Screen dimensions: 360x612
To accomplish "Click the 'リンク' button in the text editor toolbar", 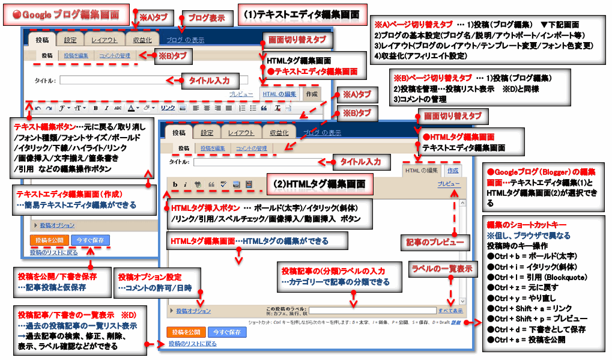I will [168, 108].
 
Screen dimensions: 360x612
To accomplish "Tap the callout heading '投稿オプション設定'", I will [150, 277].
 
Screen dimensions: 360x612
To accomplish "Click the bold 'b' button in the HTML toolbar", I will [175, 184].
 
